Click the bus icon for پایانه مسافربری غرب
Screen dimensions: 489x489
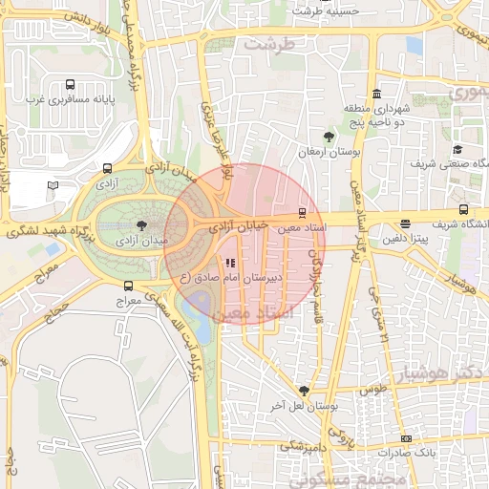click(71, 85)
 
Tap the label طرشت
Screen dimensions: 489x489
click(266, 44)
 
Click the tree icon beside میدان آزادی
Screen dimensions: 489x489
click(142, 225)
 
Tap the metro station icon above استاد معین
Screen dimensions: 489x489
click(303, 212)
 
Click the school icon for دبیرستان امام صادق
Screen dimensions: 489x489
click(229, 263)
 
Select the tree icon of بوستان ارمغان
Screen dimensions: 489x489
click(330, 137)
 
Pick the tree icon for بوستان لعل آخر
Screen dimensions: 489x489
click(304, 391)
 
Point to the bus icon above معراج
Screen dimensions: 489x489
click(128, 285)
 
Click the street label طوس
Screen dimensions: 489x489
click(372, 389)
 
